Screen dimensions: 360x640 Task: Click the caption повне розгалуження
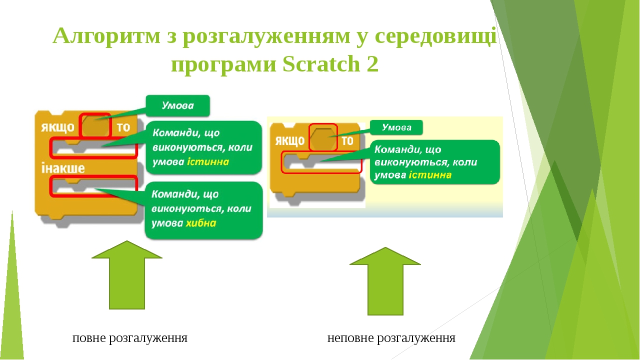point(129,338)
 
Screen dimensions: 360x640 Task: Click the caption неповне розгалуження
point(391,338)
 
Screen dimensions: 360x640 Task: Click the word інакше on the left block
point(62,168)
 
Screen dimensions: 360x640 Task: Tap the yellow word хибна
point(201,223)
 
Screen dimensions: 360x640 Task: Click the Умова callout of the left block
point(177,105)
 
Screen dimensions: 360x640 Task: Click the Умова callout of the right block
point(396,127)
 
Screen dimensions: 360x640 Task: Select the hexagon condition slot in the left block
point(95,126)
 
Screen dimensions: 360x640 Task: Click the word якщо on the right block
point(289,140)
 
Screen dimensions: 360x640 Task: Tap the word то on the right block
point(347,140)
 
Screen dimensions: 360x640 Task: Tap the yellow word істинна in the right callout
point(430,175)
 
